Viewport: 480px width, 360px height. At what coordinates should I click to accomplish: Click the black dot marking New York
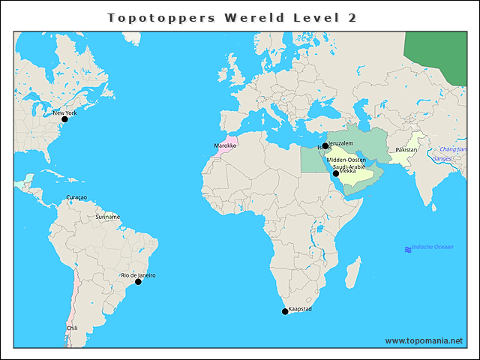click(x=64, y=118)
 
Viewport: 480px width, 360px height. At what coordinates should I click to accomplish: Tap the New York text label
click(x=64, y=113)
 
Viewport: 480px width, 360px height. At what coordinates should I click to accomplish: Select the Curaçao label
click(x=76, y=197)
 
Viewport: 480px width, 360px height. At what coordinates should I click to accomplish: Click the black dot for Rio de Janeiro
click(x=138, y=282)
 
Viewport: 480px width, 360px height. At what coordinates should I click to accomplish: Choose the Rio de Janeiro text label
click(x=139, y=275)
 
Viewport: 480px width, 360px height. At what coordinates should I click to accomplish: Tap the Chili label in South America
click(x=72, y=328)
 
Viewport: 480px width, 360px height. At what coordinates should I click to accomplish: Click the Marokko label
click(x=225, y=145)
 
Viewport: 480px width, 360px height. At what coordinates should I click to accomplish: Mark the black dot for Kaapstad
click(x=284, y=311)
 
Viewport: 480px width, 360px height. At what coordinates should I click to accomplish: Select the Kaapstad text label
click(x=300, y=308)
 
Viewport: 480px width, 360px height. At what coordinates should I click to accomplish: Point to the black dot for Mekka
click(x=336, y=173)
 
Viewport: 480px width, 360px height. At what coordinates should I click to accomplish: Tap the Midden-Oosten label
click(x=346, y=160)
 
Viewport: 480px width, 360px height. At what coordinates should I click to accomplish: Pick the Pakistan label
click(x=406, y=150)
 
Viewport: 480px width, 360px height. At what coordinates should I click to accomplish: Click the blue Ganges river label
click(x=442, y=159)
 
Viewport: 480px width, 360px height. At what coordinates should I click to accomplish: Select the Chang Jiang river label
click(x=452, y=149)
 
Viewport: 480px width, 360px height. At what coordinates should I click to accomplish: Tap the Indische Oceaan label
click(x=432, y=247)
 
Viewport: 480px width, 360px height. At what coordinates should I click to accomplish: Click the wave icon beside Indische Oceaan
click(x=408, y=249)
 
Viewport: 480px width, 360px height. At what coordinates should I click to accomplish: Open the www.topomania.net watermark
click(x=424, y=340)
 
